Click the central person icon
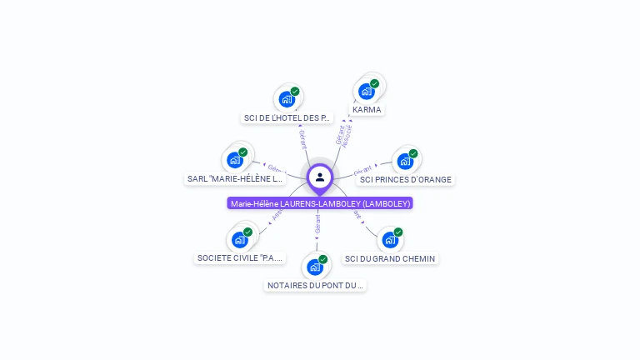320,177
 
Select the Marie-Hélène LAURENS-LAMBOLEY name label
320,203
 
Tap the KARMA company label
367,109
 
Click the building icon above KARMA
366,92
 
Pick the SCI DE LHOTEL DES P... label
287,117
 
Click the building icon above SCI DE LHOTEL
287,99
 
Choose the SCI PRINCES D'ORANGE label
405,179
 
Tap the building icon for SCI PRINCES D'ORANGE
405,161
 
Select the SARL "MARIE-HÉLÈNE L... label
235,178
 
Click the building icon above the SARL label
235,160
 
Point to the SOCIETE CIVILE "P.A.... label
240,258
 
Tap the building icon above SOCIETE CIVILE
240,240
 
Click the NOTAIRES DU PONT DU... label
315,285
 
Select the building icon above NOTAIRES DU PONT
314,267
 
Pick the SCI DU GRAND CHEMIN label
390,258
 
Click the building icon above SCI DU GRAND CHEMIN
389,240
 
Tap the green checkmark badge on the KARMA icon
375,83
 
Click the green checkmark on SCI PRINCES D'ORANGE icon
413,153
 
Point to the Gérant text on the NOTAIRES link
317,223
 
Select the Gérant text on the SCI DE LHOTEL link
302,140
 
